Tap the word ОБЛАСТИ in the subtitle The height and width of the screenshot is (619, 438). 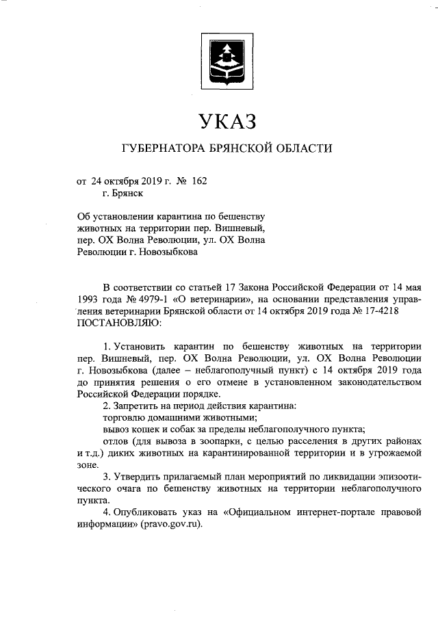click(x=305, y=148)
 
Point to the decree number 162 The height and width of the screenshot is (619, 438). click(x=196, y=181)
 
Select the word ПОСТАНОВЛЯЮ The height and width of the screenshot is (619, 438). click(x=120, y=321)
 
